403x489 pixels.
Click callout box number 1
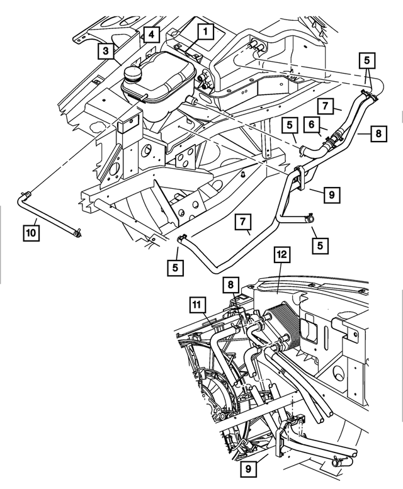(205, 29)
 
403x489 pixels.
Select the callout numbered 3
(106, 50)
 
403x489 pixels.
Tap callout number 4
(151, 33)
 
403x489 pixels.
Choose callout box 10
(31, 233)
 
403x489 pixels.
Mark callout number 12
(281, 254)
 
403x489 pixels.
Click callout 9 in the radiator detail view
(247, 469)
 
